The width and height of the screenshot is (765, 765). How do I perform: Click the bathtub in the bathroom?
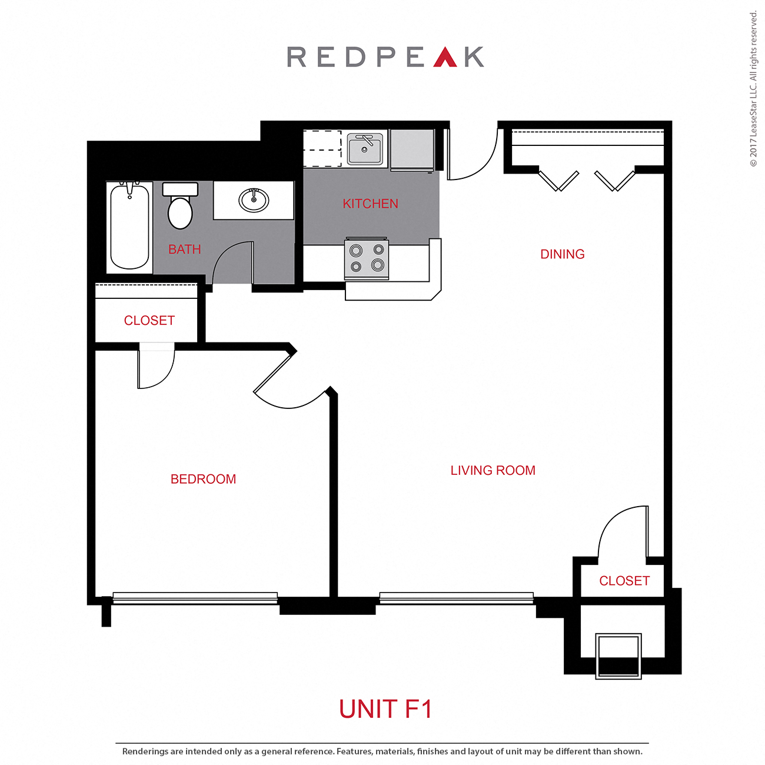129,227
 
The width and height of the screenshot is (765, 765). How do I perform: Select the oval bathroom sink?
254,200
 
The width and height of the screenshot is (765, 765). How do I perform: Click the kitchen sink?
365,149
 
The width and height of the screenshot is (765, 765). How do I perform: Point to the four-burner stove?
367,258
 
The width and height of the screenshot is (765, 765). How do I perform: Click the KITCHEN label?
370,204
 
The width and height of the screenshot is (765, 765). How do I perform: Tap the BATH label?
184,250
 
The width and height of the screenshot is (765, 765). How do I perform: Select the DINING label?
562,254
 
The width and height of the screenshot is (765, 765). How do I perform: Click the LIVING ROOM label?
493,471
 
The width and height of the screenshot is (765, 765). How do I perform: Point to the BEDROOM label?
203,479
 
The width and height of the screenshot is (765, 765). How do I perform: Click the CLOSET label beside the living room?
624,581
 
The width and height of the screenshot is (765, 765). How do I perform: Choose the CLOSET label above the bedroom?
149,321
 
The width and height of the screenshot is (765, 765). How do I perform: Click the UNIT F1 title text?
385,709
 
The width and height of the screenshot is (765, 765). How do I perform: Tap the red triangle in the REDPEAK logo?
445,58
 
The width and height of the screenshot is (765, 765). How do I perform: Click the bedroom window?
195,598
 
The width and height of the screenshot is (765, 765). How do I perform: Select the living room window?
456,598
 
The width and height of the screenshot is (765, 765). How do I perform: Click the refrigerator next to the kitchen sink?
412,149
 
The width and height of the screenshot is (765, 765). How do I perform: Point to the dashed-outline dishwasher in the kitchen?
322,149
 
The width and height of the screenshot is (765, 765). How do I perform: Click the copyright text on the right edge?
753,88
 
